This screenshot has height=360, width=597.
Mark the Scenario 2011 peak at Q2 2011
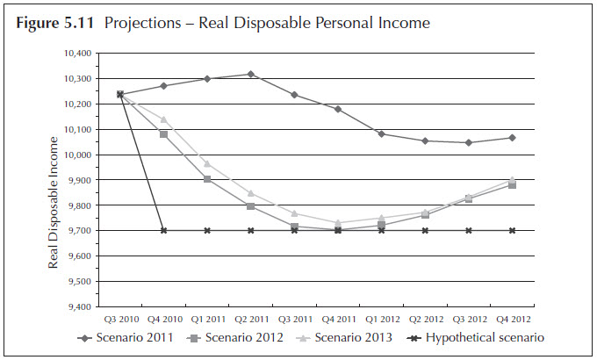tap(250, 74)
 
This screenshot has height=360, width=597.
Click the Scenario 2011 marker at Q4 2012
tap(511, 138)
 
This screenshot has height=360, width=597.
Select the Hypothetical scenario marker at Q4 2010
tap(163, 231)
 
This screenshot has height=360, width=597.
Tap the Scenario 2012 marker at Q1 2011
tap(207, 179)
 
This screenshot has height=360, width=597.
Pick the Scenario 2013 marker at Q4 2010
tap(163, 119)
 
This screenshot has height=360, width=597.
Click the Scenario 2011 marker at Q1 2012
tap(381, 133)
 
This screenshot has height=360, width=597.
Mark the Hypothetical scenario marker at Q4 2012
tap(511, 231)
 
